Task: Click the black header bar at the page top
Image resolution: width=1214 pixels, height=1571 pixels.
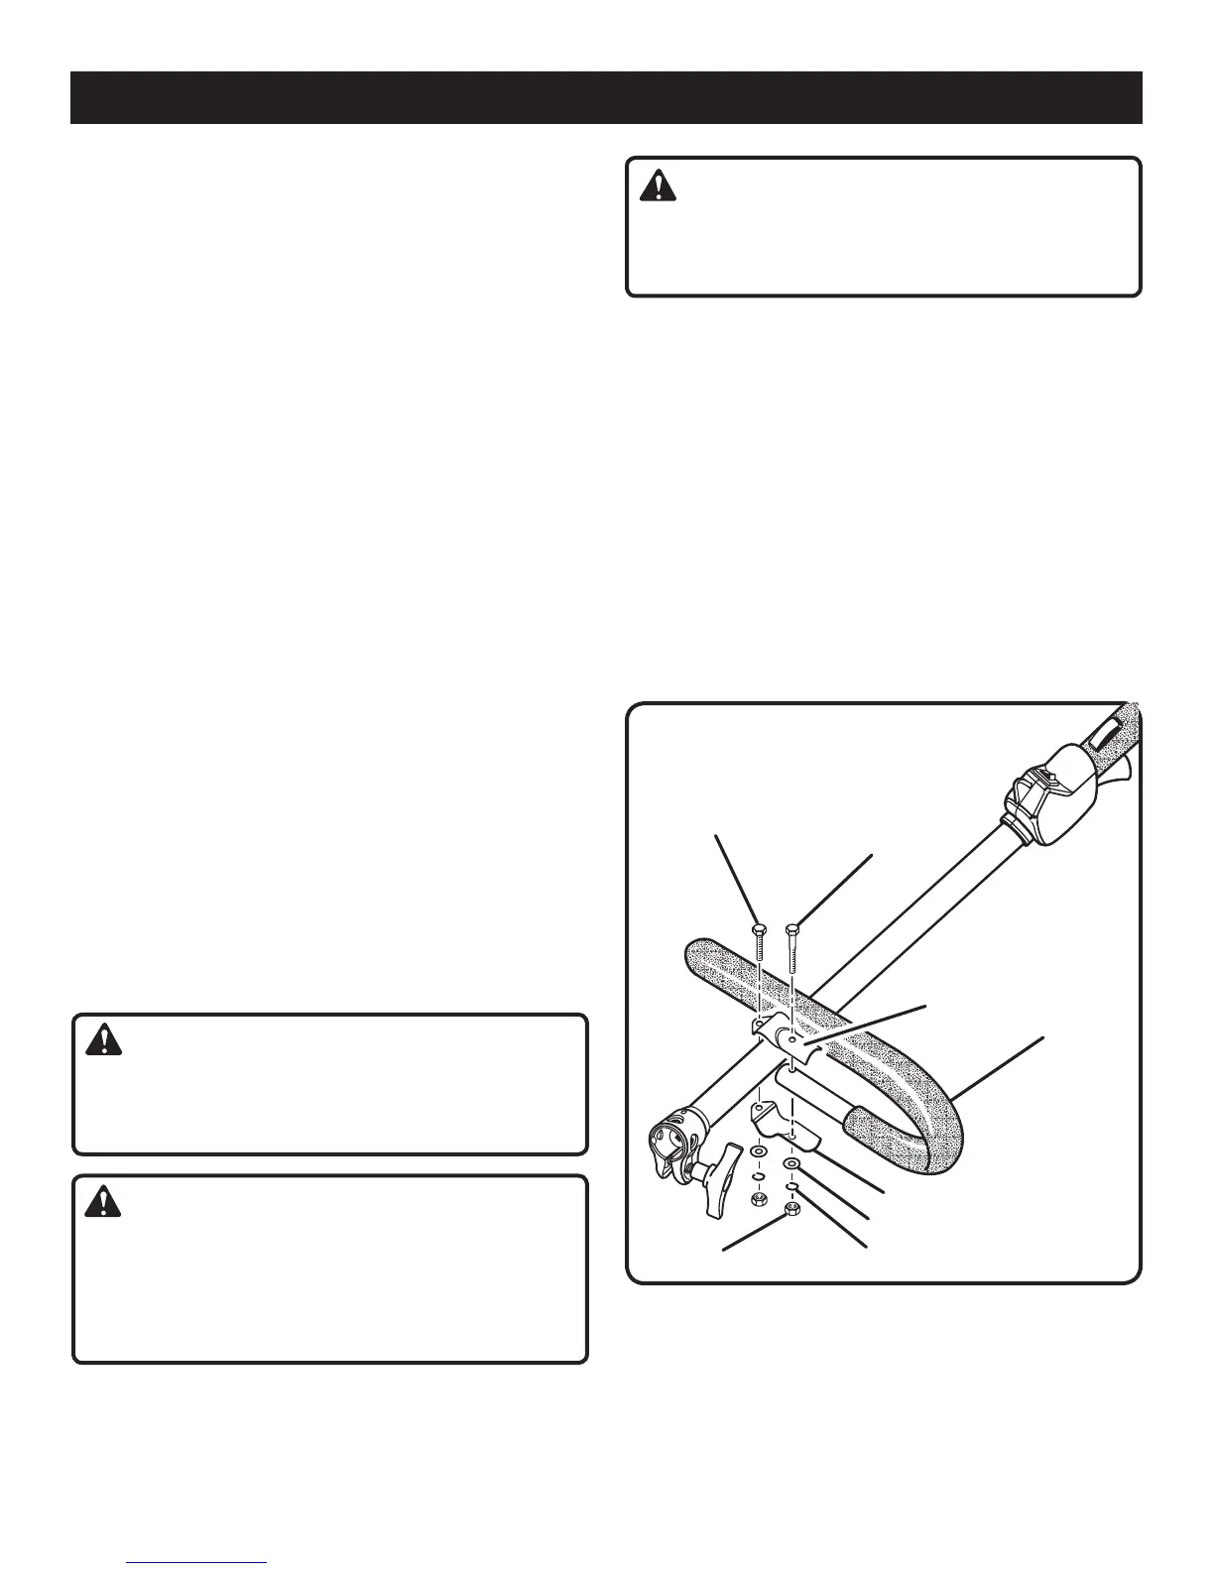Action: [606, 97]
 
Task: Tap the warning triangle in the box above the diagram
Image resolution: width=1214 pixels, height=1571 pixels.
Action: [656, 186]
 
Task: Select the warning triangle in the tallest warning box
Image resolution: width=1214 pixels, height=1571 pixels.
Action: [102, 1202]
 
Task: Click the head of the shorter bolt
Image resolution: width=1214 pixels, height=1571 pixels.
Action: [759, 929]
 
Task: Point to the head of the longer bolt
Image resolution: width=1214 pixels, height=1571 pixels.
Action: [792, 929]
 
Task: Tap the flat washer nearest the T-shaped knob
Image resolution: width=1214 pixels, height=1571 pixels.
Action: [760, 1154]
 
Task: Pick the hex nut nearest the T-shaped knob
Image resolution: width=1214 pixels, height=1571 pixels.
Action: [758, 1200]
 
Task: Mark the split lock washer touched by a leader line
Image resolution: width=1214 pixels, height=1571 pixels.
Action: [793, 1186]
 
